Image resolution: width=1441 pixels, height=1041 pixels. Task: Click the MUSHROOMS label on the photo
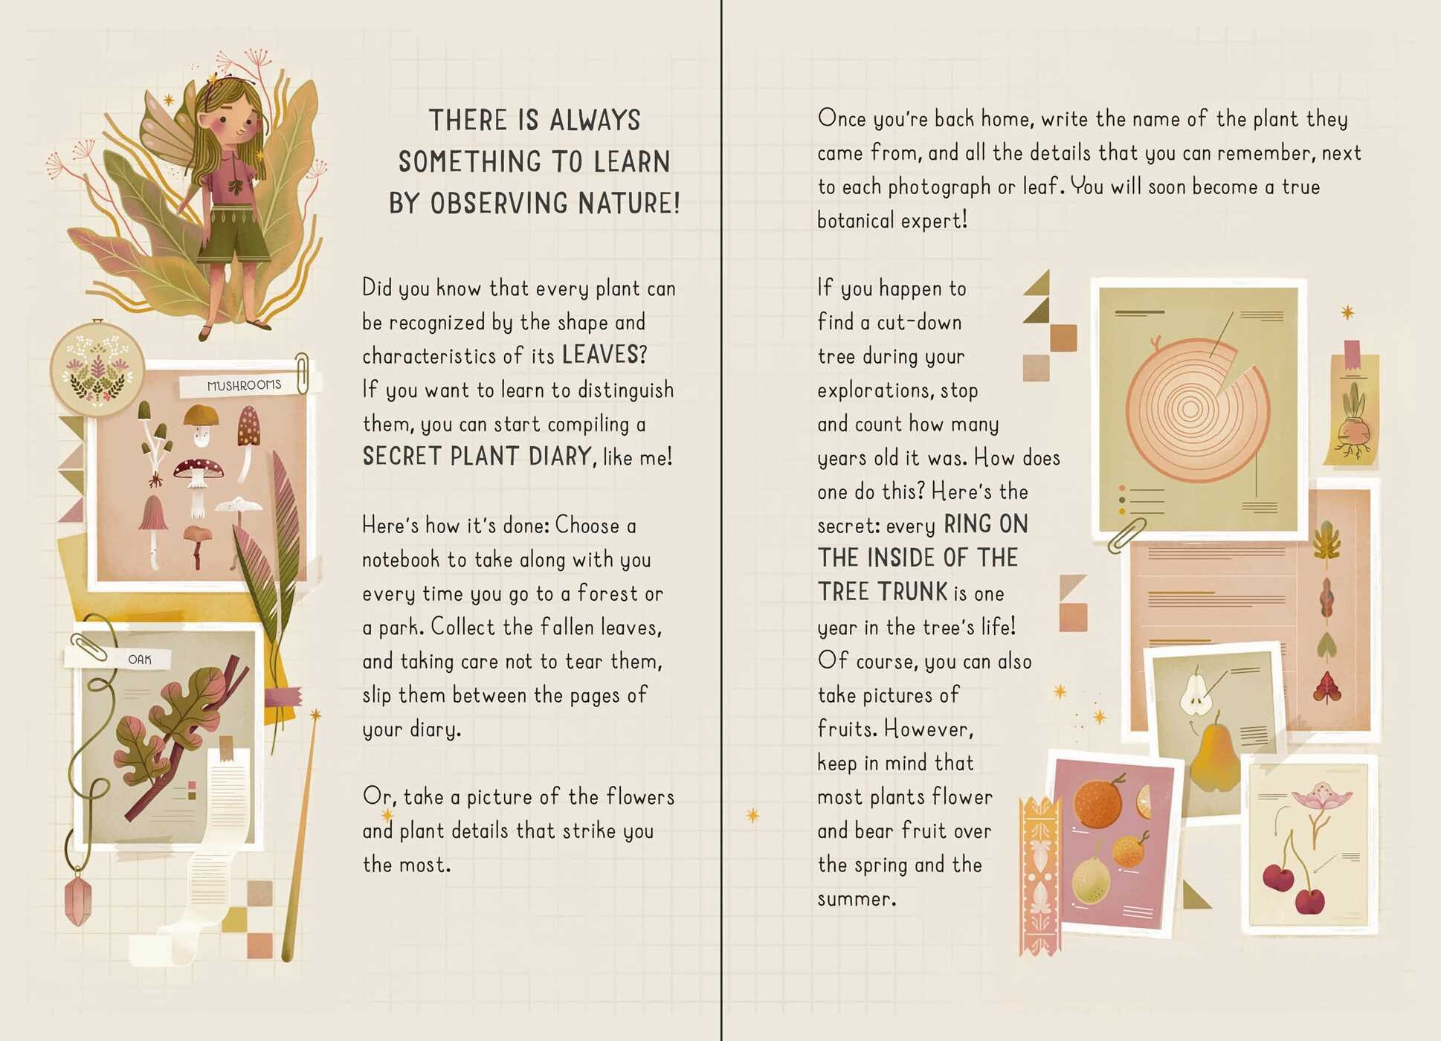[x=245, y=385]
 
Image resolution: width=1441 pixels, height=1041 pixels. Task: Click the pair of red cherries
[x=1295, y=883]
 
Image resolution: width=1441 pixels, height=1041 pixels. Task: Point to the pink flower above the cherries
[x=1321, y=797]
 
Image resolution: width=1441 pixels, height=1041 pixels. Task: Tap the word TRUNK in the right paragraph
[x=912, y=592]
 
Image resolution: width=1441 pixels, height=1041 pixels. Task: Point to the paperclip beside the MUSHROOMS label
[x=302, y=373]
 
